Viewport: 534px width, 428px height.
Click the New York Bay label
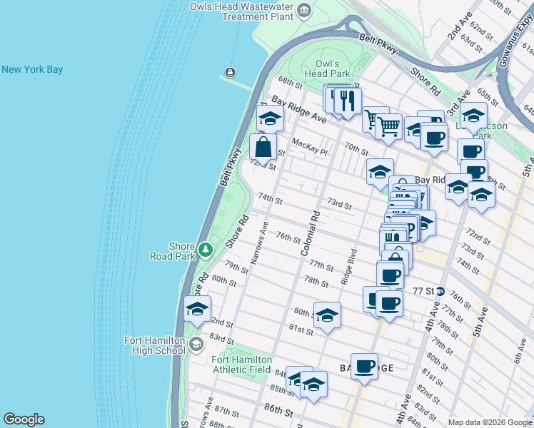(32, 69)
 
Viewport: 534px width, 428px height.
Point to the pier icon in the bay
(230, 72)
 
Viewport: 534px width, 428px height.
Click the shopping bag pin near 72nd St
(263, 148)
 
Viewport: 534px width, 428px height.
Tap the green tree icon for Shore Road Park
(206, 249)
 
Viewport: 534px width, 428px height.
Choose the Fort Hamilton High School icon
(196, 345)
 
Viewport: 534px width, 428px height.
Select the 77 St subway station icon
(440, 291)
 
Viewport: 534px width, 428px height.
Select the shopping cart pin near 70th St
(388, 126)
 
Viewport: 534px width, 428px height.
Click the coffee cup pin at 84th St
(364, 367)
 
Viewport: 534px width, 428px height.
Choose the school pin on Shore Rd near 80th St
(197, 308)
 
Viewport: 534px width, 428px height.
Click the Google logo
(24, 419)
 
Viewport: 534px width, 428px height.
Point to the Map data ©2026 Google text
(489, 422)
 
